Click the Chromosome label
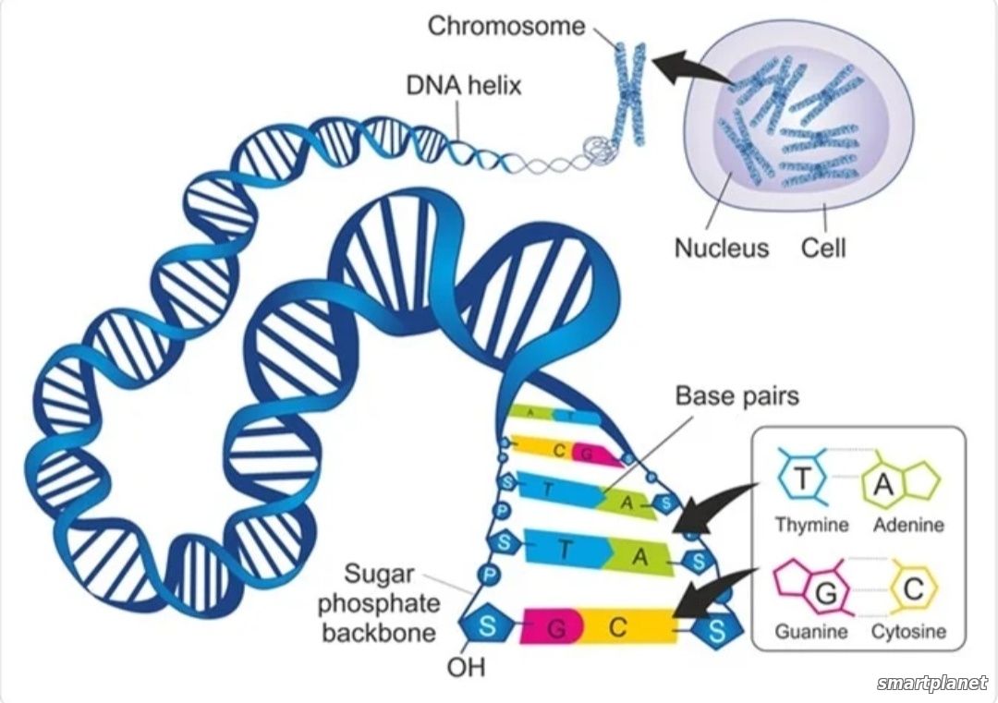coord(506,26)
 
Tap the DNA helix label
coord(463,85)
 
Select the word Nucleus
coord(721,248)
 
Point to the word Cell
coord(823,248)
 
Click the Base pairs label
coord(737,395)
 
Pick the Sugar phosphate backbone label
coord(380,603)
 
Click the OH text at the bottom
coord(466,667)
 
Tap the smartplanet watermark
coord(932,683)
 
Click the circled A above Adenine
coord(882,485)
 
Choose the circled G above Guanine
coord(825,594)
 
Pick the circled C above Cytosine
coord(913,589)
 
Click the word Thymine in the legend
coord(811,525)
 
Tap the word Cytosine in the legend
coord(908,632)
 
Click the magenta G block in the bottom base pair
coord(551,626)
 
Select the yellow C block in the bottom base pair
coord(627,626)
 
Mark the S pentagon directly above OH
coord(486,625)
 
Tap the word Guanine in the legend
coord(811,632)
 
